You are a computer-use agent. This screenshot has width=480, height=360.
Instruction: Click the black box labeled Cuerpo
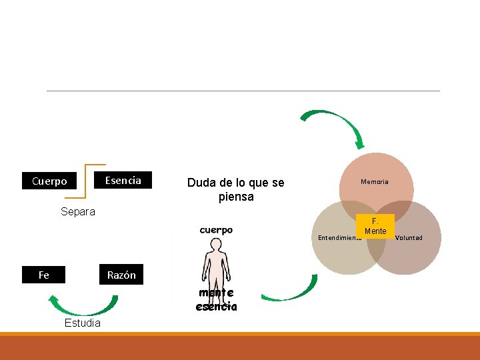(49, 181)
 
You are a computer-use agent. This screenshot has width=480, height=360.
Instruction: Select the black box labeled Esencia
(123, 180)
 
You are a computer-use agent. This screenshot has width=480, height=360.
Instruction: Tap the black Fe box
(43, 275)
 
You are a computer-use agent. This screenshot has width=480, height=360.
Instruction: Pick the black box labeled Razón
(121, 275)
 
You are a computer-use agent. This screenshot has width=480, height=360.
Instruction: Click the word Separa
(78, 212)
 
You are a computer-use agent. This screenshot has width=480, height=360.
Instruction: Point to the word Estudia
(83, 323)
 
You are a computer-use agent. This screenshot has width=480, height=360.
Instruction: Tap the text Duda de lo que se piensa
(235, 190)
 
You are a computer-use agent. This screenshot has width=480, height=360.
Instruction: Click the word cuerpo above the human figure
(216, 230)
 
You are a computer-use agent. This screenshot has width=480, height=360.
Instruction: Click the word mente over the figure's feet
(216, 293)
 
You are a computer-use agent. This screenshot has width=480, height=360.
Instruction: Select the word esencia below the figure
(216, 307)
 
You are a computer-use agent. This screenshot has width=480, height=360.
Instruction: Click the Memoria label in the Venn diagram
(375, 181)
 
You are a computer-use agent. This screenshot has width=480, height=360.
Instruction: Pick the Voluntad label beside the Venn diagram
(409, 237)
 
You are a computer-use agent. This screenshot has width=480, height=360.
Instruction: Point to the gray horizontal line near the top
(243, 91)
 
